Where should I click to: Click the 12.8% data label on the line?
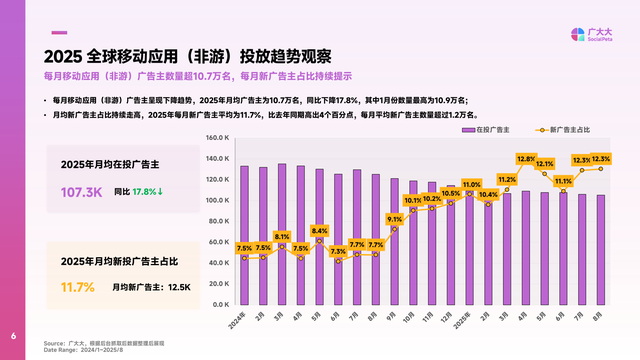pos(526,159)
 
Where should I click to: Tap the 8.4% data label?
pos(319,231)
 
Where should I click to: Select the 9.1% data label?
pos(394,219)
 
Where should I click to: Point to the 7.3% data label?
pos(338,251)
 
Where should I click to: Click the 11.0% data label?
pos(470,185)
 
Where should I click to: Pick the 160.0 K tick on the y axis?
pos(218,137)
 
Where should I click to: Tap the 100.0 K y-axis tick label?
pos(218,200)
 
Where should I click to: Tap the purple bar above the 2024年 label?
pos(244,234)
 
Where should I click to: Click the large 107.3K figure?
pos(82,191)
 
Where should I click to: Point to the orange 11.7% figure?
pos(78,287)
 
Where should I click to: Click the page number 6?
pos(13,336)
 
